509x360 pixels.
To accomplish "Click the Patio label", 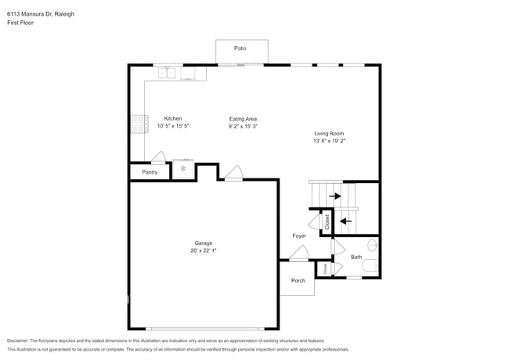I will tap(240, 49).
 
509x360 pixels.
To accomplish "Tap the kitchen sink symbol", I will tap(167, 74).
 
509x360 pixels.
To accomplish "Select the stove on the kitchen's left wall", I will tap(138, 123).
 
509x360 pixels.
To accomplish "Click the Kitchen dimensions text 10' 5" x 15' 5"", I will tap(173, 126).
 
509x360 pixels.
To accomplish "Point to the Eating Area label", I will tap(243, 119).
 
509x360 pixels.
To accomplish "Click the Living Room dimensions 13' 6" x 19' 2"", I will tap(329, 142).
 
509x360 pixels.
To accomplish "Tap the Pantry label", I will tap(150, 172).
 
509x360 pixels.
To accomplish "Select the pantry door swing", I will tap(158, 157).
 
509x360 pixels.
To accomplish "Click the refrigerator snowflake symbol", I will tap(183, 168).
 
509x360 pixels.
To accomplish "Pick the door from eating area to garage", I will tap(233, 174).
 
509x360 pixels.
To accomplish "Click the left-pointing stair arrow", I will tap(345, 221).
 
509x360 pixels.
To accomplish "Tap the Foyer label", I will tap(299, 236).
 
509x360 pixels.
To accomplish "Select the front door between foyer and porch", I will tap(298, 254).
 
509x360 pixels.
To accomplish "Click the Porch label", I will tap(298, 280).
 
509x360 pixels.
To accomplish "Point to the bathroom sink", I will tap(373, 245).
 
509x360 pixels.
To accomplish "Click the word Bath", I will tap(356, 257).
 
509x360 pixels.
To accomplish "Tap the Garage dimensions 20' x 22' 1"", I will tap(204, 251).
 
